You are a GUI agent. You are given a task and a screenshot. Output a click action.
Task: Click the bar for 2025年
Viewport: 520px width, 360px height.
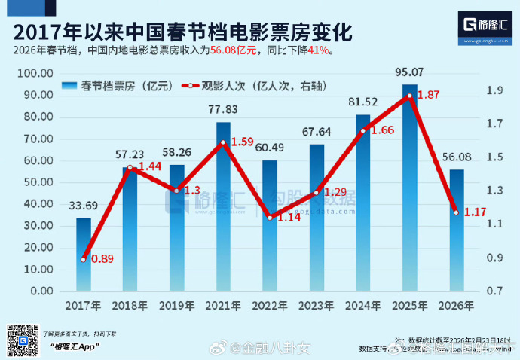(x=408, y=188)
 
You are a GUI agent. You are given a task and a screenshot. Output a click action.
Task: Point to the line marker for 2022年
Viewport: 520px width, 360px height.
(x=269, y=217)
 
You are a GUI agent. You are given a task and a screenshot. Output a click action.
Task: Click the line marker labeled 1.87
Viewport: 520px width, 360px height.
(x=408, y=96)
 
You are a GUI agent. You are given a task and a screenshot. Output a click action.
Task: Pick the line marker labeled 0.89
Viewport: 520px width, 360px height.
(x=84, y=258)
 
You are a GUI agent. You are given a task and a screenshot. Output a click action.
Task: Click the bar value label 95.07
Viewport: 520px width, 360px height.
(x=408, y=73)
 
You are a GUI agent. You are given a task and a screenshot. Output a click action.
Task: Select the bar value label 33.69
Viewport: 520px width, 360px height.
(x=84, y=207)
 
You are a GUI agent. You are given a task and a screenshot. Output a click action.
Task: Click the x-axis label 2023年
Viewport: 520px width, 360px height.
(x=316, y=306)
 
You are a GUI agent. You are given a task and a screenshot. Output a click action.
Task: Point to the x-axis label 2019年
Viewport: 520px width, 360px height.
(x=177, y=306)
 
